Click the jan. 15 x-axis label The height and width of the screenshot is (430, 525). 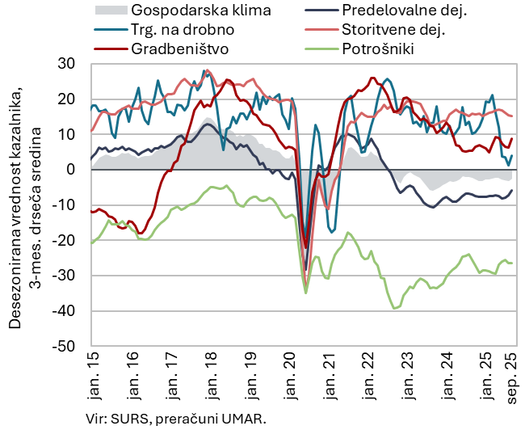click(x=91, y=378)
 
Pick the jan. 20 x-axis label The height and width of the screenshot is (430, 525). click(x=290, y=378)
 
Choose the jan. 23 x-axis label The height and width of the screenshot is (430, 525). click(x=409, y=378)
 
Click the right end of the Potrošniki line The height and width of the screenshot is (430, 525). click(x=512, y=263)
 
